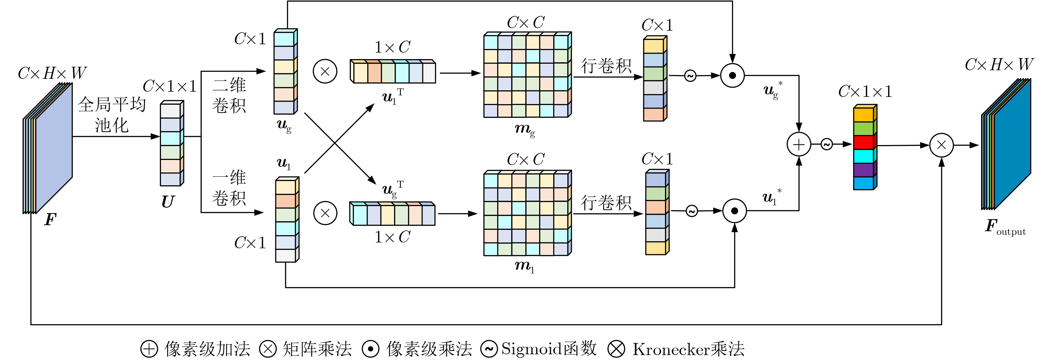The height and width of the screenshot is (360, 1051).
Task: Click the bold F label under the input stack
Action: [50, 220]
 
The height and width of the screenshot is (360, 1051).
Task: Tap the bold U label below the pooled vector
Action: [168, 202]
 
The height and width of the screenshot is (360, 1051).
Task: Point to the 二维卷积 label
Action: [229, 95]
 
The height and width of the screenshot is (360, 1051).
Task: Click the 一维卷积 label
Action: [229, 188]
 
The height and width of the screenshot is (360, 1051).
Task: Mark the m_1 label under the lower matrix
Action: [524, 266]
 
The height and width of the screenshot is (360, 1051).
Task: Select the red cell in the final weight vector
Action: [863, 142]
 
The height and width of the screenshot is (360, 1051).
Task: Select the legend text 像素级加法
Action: [207, 349]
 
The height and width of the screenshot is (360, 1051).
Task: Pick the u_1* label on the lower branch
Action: [772, 198]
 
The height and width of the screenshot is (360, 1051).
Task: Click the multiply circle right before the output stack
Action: [941, 145]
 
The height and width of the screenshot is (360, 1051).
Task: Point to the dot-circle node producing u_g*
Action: [732, 75]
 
